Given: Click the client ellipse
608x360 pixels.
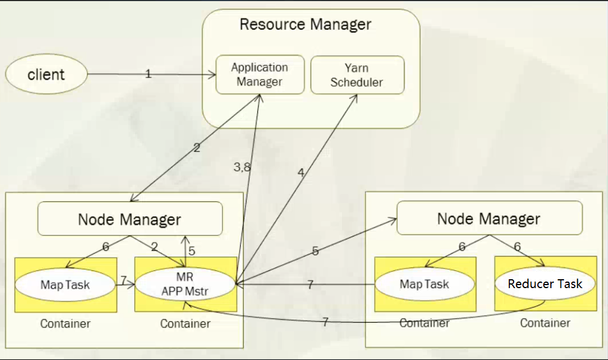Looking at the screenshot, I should point(46,74).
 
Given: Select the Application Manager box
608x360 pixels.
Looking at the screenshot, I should point(260,75).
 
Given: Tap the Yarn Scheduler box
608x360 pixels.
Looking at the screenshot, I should point(357,75).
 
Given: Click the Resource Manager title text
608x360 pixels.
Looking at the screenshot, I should point(305,24).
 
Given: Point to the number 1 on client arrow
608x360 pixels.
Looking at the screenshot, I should point(149,74).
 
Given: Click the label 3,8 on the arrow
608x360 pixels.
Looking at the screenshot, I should point(242,168).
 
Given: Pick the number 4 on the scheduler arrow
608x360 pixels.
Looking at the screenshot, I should point(301,173).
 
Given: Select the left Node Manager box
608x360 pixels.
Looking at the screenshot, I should point(130,219).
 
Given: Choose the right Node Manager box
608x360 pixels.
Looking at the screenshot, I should point(489,218).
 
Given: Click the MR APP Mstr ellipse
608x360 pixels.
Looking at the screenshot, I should point(185,284).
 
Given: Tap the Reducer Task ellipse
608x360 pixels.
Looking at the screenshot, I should point(545,284).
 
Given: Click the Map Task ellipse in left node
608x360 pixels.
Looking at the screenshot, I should point(65,285).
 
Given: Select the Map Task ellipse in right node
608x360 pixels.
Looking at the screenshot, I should point(424,285).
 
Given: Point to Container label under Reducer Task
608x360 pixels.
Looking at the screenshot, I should point(545,323).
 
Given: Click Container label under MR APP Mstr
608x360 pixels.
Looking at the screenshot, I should point(185,324).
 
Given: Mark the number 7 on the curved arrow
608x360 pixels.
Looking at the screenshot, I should point(325,322).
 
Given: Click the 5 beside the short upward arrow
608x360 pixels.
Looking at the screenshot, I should point(191,251).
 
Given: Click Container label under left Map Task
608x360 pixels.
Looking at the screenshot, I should point(65,324).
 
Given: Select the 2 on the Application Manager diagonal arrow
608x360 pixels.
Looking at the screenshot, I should point(197,148).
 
